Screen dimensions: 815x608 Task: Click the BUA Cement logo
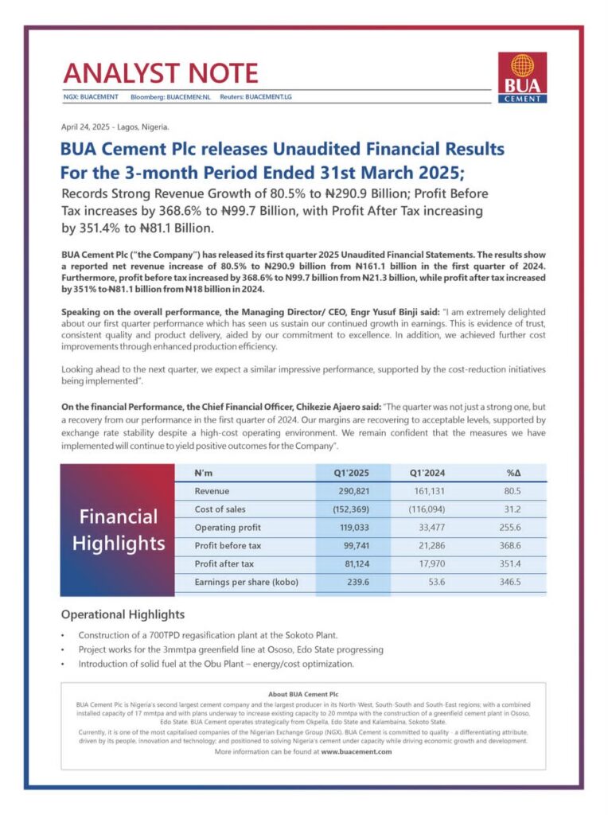tap(522, 77)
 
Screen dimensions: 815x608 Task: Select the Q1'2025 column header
tap(352, 473)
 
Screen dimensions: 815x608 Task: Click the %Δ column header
tap(513, 473)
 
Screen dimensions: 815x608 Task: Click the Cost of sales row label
tap(220, 509)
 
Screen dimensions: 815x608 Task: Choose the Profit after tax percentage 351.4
tap(507, 563)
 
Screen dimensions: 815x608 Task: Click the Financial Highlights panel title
tap(118, 530)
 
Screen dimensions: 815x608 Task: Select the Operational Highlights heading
tap(123, 614)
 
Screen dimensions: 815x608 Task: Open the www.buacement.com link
tap(356, 751)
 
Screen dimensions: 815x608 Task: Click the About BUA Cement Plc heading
tap(304, 694)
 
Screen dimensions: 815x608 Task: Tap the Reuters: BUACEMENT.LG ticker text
tap(255, 96)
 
